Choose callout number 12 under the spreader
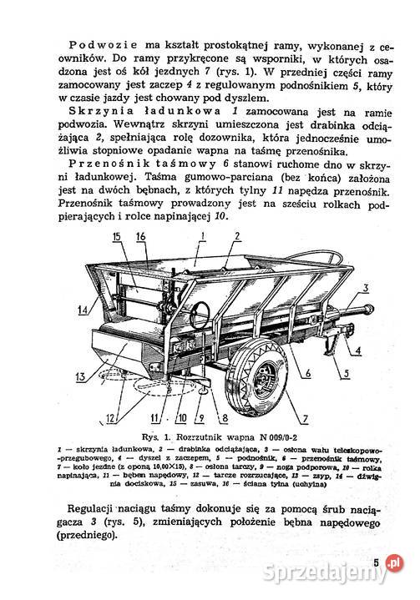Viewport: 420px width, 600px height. coord(111,416)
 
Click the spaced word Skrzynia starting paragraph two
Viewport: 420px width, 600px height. coord(107,111)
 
